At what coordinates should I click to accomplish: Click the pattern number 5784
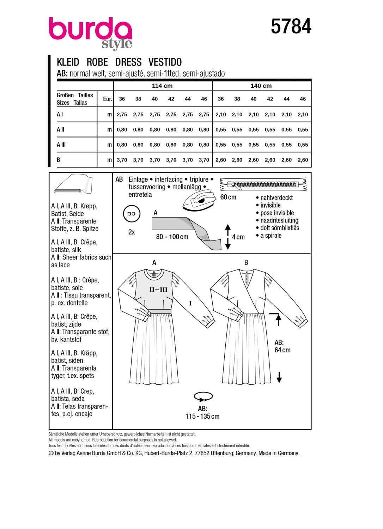(x=291, y=26)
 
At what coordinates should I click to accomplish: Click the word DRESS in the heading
(x=128, y=62)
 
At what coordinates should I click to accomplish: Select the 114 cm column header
(x=162, y=86)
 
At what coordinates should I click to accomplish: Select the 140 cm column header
(x=261, y=86)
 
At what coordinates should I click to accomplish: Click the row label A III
(x=61, y=145)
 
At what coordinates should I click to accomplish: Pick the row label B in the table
(x=59, y=160)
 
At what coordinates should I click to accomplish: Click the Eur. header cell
(x=107, y=99)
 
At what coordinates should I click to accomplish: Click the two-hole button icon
(x=132, y=214)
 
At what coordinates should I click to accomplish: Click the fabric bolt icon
(x=73, y=184)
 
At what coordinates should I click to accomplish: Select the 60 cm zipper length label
(x=228, y=197)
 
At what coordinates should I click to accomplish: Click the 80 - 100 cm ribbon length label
(x=172, y=237)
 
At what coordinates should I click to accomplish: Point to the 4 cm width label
(x=238, y=237)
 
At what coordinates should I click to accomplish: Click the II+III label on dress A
(x=158, y=290)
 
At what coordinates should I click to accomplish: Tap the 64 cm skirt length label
(x=282, y=350)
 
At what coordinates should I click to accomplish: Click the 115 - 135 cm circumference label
(x=202, y=416)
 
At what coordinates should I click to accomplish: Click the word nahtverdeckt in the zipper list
(x=276, y=198)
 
